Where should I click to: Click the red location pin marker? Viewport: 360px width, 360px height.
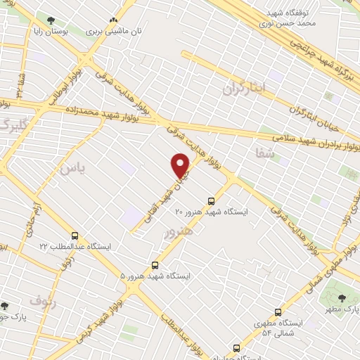pyautogui.click(x=181, y=165)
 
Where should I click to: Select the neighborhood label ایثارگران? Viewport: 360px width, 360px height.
pyautogui.click(x=246, y=88)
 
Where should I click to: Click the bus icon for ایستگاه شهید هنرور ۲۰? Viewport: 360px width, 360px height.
pyautogui.click(x=212, y=199)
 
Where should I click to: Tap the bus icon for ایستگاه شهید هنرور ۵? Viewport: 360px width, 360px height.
pyautogui.click(x=155, y=265)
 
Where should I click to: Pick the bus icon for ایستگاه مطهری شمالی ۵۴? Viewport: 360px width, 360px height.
pyautogui.click(x=278, y=311)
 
